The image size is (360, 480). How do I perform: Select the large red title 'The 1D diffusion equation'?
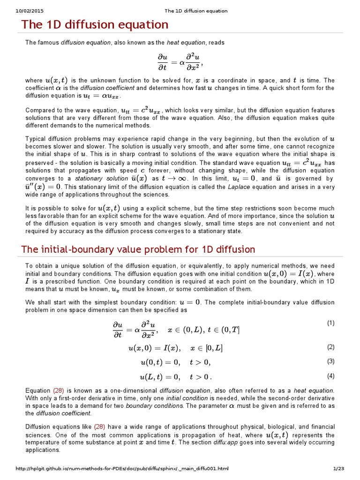(94, 24)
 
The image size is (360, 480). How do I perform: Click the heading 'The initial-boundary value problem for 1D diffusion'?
(138, 249)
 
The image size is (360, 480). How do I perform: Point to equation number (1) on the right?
(330, 323)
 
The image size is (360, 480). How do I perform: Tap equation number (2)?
(330, 347)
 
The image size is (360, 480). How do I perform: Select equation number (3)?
(330, 361)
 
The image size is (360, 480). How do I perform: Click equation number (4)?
(330, 376)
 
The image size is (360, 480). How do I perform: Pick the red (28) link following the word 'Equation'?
(58, 390)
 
